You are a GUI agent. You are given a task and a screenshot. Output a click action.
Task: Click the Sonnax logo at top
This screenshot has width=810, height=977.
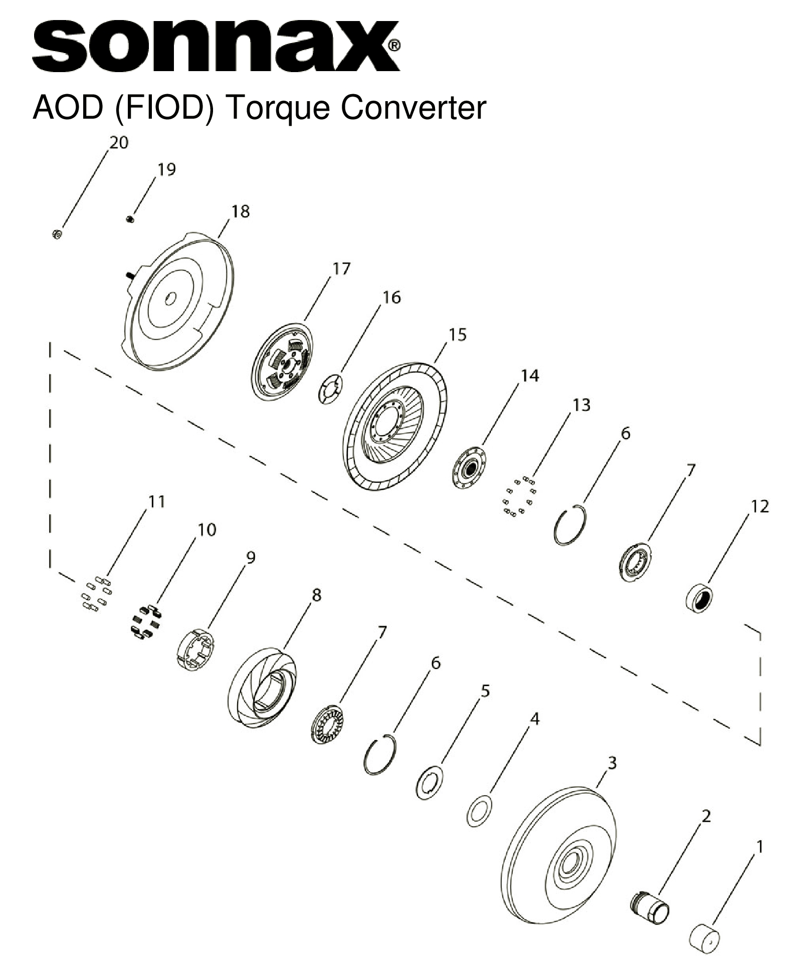coord(216,46)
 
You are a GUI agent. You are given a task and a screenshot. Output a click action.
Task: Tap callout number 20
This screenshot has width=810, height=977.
coord(118,143)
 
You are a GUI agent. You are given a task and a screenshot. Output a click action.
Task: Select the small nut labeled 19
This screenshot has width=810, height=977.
coord(130,218)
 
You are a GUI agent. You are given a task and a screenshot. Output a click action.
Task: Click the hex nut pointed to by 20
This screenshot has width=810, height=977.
coord(57,234)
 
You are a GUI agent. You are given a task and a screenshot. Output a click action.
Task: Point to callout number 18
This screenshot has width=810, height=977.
coord(240,211)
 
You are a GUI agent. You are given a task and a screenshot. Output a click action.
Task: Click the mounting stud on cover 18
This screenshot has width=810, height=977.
coord(129,274)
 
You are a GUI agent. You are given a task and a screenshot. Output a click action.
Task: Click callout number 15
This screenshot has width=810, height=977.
coord(457,335)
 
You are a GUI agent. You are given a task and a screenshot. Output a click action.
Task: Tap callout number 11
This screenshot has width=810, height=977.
coord(157,501)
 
